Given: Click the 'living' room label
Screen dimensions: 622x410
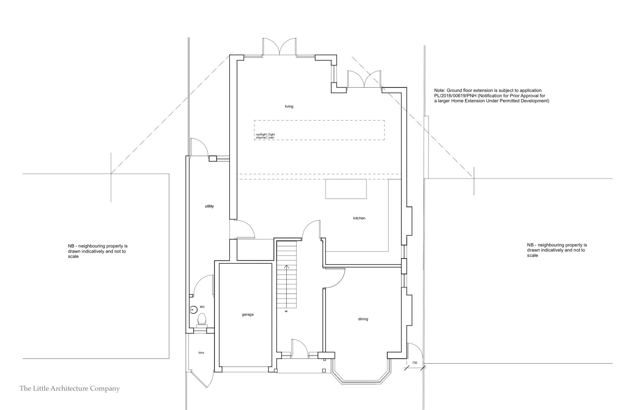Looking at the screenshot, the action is click(x=289, y=106).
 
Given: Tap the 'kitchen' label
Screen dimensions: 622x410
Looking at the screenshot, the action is click(x=359, y=218).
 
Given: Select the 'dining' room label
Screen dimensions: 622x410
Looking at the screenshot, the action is click(x=363, y=319).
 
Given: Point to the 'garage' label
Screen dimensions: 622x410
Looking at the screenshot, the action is click(x=248, y=315).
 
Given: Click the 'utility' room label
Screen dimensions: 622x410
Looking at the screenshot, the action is click(x=209, y=206).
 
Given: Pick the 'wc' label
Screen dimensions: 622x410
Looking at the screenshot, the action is click(x=202, y=307).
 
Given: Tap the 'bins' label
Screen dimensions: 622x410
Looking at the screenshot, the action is click(x=202, y=353).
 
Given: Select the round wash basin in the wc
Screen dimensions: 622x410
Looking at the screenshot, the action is click(x=193, y=310).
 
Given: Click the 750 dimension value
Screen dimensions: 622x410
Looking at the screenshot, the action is click(x=415, y=363).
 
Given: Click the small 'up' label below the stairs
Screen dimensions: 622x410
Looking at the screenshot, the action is click(x=286, y=311).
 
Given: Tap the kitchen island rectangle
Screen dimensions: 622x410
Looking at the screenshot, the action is click(x=346, y=189).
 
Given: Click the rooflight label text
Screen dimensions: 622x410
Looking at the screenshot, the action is click(x=265, y=136).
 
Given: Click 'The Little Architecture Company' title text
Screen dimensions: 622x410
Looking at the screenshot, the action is click(x=70, y=388).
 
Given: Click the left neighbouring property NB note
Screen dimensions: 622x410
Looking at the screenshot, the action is click(x=98, y=251).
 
